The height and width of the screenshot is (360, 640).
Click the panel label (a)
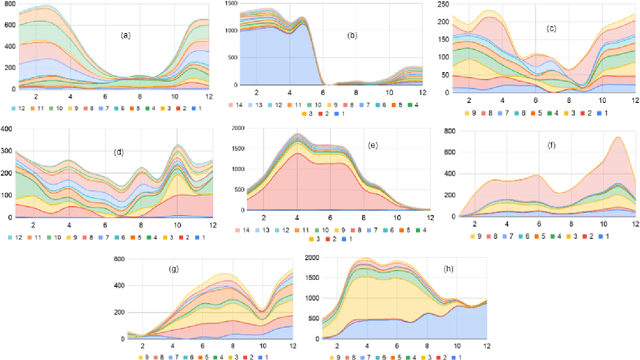tap(125, 36)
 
